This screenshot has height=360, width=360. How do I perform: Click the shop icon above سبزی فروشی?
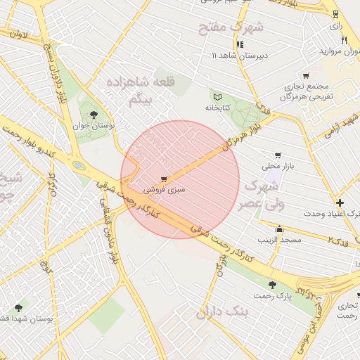click(x=164, y=179)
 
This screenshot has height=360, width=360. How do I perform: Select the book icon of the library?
click(x=217, y=97)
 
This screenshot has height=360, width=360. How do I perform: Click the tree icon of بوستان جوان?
click(x=94, y=115)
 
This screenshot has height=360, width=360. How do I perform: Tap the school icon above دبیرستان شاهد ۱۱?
click(x=240, y=44)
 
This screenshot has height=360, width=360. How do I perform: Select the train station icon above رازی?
click(x=335, y=13)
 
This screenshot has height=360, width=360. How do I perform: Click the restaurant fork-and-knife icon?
click(x=343, y=40)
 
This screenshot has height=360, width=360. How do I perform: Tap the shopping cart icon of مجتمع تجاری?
click(x=305, y=76)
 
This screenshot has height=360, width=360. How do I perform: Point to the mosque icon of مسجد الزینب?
click(x=280, y=229)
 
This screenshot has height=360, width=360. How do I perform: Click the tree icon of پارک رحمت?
click(x=272, y=285)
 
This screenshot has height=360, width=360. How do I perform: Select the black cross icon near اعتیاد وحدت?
click(x=340, y=202)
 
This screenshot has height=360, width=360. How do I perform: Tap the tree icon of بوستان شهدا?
click(x=18, y=307)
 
